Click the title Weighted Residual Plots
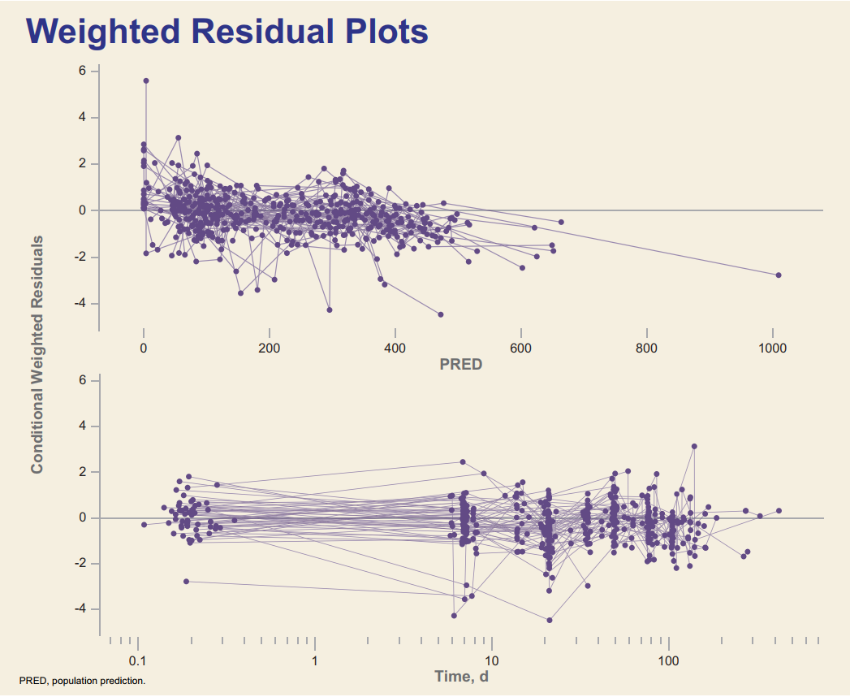coord(227,31)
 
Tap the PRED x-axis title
coord(460,365)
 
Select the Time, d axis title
coord(461,676)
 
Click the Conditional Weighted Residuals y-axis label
coord(37,354)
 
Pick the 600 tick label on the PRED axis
coord(520,348)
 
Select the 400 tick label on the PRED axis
coord(395,348)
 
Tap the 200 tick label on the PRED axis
coord(269,348)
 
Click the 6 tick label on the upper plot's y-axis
coord(82,71)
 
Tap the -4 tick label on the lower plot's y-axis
coord(80,609)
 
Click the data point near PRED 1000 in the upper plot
coord(778,275)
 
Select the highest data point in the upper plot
coord(146,80)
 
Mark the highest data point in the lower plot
coord(694,446)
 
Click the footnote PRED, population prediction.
coord(82,680)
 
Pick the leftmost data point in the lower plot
coord(144,525)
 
